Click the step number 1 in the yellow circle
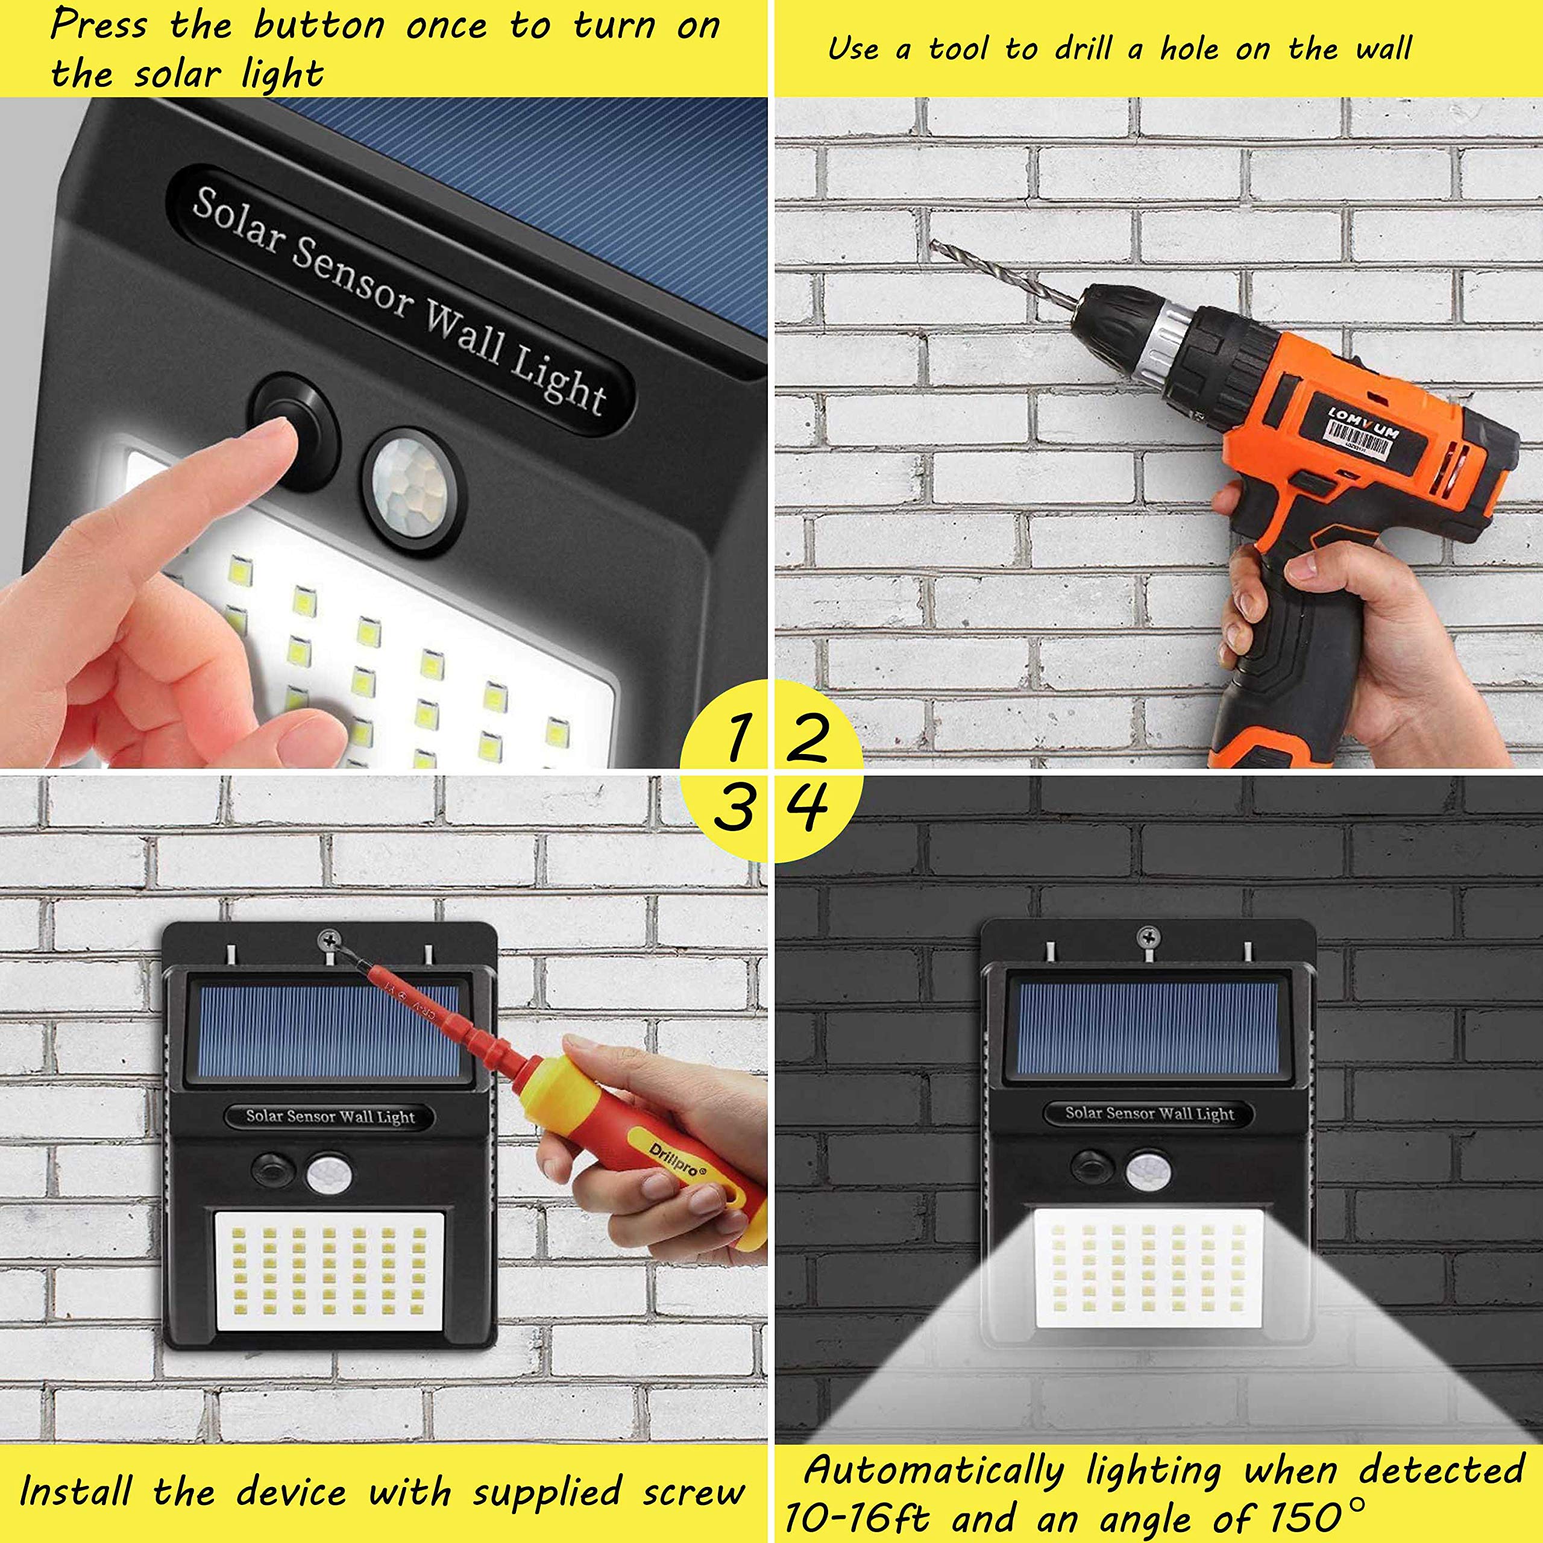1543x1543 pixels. pyautogui.click(x=737, y=738)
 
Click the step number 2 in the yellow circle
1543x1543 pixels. pyautogui.click(x=806, y=738)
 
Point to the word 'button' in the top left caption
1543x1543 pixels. pyautogui.click(x=318, y=27)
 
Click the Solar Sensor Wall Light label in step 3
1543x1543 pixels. pyautogui.click(x=330, y=1116)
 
